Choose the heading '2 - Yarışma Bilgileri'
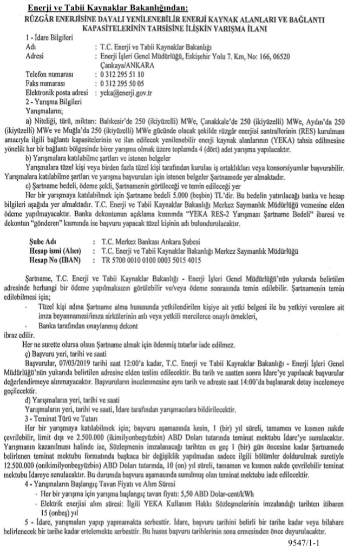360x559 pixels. click(46, 102)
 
